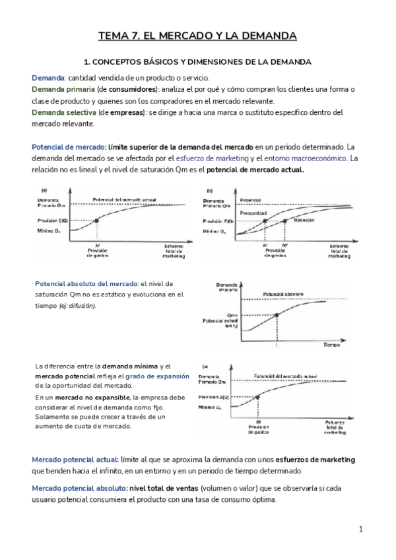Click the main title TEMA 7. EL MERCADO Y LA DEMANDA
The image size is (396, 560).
click(x=197, y=36)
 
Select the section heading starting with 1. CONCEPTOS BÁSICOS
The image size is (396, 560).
click(x=197, y=61)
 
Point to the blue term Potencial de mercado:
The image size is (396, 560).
click(x=69, y=147)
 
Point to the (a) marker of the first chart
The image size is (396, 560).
click(x=44, y=190)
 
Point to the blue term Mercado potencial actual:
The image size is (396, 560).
click(x=75, y=459)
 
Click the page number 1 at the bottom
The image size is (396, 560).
click(x=361, y=529)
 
